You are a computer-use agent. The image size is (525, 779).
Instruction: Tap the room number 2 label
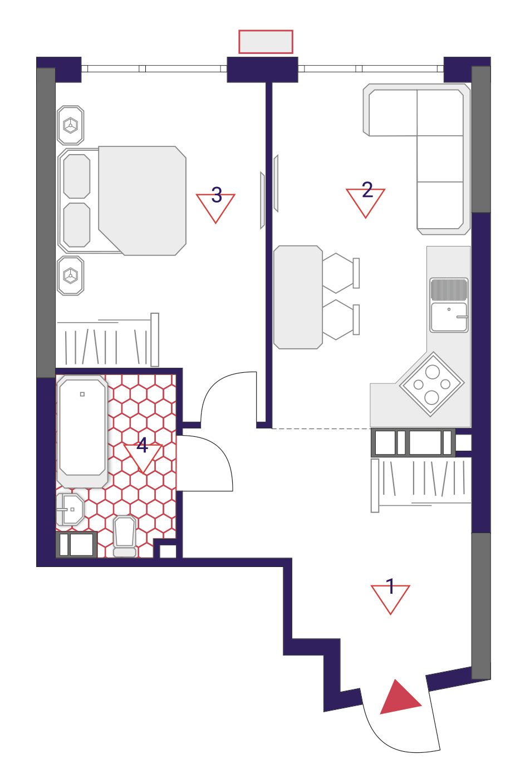coord(367,190)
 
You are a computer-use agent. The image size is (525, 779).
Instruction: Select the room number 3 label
coord(217,195)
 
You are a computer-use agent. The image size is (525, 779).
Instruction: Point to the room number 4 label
coord(142,445)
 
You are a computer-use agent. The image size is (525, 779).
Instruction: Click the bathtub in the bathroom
coord(82,431)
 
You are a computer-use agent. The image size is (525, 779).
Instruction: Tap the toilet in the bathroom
coord(125,536)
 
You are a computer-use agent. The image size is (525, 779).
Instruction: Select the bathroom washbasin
coord(70,509)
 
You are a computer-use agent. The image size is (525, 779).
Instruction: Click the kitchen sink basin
coord(449,317)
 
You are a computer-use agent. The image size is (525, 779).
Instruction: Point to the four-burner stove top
coord(432,384)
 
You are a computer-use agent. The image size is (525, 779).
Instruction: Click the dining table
coord(298,297)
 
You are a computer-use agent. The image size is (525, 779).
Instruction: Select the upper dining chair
coord(341,273)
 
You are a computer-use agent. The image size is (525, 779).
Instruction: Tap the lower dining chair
coord(341,319)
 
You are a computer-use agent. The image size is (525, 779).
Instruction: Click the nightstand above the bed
coord(71,125)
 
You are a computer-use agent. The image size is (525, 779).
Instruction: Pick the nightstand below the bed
coord(71,276)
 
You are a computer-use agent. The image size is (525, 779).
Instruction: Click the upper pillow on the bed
coord(77,176)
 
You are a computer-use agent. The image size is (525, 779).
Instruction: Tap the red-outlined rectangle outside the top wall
coord(266,42)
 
